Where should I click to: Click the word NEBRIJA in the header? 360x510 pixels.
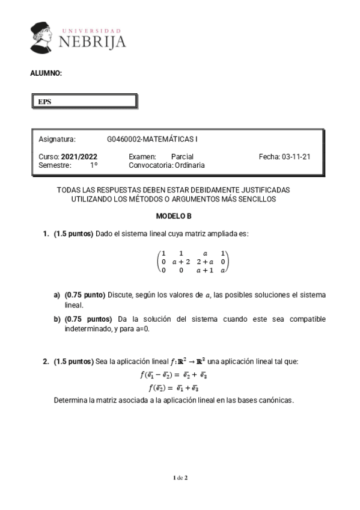tap(93, 41)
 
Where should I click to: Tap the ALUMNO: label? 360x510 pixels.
tap(46, 73)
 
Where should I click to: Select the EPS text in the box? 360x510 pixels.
tap(44, 102)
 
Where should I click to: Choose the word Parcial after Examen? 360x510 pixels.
tap(182, 156)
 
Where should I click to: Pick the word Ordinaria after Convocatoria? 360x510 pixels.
tap(189, 165)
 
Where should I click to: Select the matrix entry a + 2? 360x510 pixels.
tap(181, 262)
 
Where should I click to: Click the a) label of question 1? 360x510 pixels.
tap(58, 295)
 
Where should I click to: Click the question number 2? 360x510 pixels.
tap(46, 361)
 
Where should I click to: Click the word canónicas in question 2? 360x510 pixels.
tap(276, 399)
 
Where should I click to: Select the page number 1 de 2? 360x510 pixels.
tap(180, 478)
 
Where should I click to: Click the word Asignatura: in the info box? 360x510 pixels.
tap(57, 140)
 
